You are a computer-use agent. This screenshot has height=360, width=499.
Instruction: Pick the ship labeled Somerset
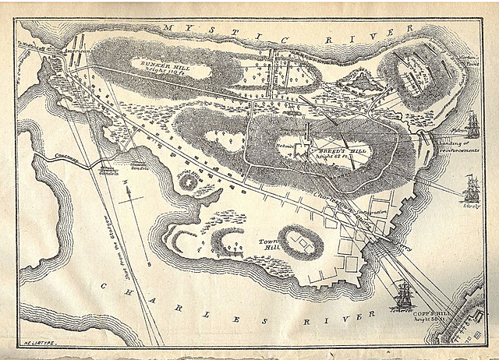[x=402, y=296]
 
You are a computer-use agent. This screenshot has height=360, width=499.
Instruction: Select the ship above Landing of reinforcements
[x=472, y=125]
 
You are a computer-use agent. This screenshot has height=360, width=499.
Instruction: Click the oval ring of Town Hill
[x=299, y=241]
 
